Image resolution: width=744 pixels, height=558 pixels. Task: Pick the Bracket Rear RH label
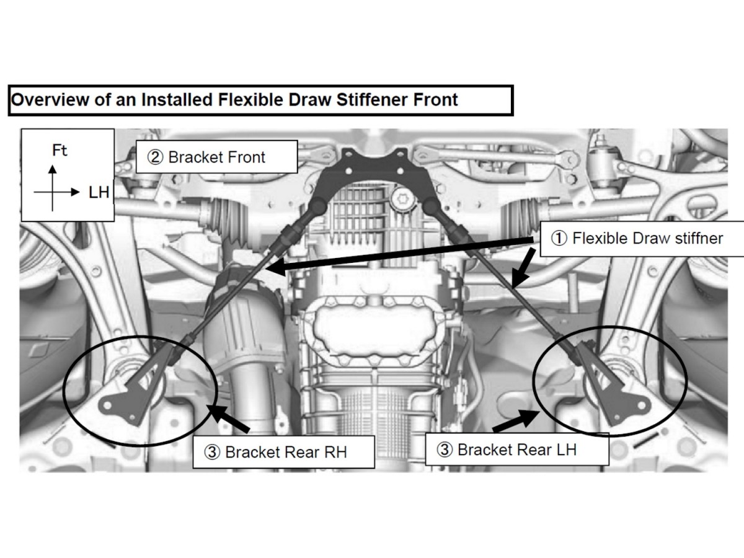pos(285,452)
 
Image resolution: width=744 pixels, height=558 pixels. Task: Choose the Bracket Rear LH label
pos(516,449)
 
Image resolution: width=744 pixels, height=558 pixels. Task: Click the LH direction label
pos(99,193)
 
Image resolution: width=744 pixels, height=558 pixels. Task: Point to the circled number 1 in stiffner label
pos(559,239)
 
